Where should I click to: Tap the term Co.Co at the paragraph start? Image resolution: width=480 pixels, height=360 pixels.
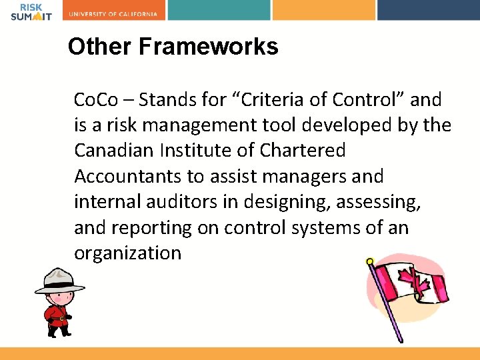[x=95, y=100]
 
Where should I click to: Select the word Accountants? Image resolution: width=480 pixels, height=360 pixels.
[x=125, y=176]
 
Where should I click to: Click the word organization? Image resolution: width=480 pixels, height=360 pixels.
[x=127, y=253]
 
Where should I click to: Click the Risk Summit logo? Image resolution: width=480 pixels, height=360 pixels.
[x=31, y=11]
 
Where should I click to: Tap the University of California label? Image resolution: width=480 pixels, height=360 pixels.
[x=114, y=14]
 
